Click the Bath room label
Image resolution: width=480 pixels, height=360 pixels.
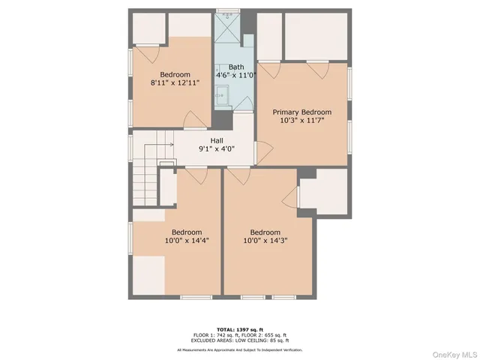(236, 67)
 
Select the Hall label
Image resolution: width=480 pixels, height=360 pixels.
(216, 140)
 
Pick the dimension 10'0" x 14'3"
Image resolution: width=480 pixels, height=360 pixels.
(265, 241)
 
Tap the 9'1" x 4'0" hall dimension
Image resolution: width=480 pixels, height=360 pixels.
(216, 148)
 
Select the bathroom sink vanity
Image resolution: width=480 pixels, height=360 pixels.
(222, 96)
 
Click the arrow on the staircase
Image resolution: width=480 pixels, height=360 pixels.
(166, 144)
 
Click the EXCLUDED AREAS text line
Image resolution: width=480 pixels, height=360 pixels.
(240, 341)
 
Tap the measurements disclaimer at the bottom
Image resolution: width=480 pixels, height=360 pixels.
(240, 349)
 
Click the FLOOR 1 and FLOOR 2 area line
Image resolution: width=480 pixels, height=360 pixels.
(240, 335)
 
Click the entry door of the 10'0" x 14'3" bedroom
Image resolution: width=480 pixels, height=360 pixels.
(238, 175)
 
